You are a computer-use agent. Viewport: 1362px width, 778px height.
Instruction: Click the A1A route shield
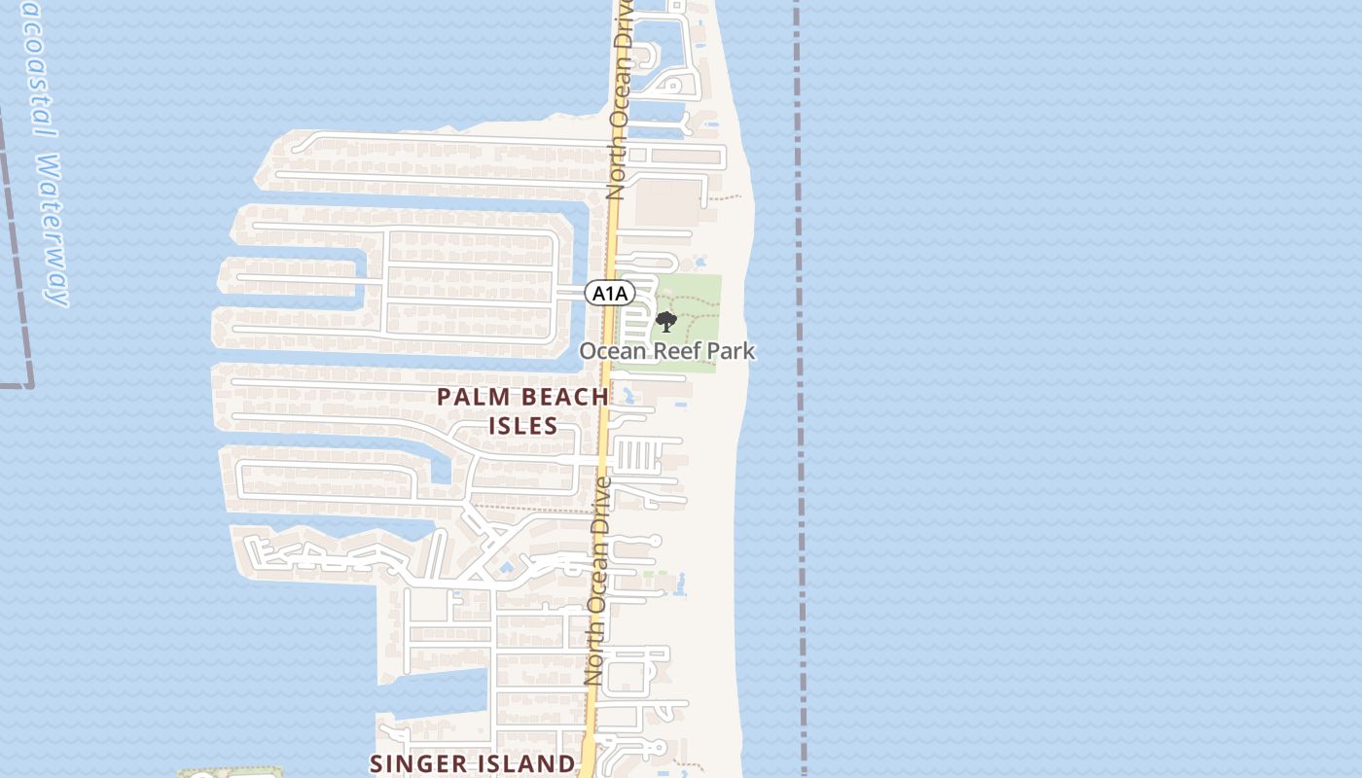[610, 293]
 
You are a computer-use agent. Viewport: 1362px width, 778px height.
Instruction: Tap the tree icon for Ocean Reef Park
[666, 322]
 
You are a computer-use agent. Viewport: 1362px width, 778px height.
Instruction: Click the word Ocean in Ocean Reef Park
[612, 351]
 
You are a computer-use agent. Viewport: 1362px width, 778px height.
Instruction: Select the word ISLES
[522, 426]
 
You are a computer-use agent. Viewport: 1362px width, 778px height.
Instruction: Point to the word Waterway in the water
[54, 230]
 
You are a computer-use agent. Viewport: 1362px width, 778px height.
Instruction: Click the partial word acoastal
[33, 68]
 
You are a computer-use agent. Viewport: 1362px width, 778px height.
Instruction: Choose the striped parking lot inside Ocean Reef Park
[638, 316]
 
